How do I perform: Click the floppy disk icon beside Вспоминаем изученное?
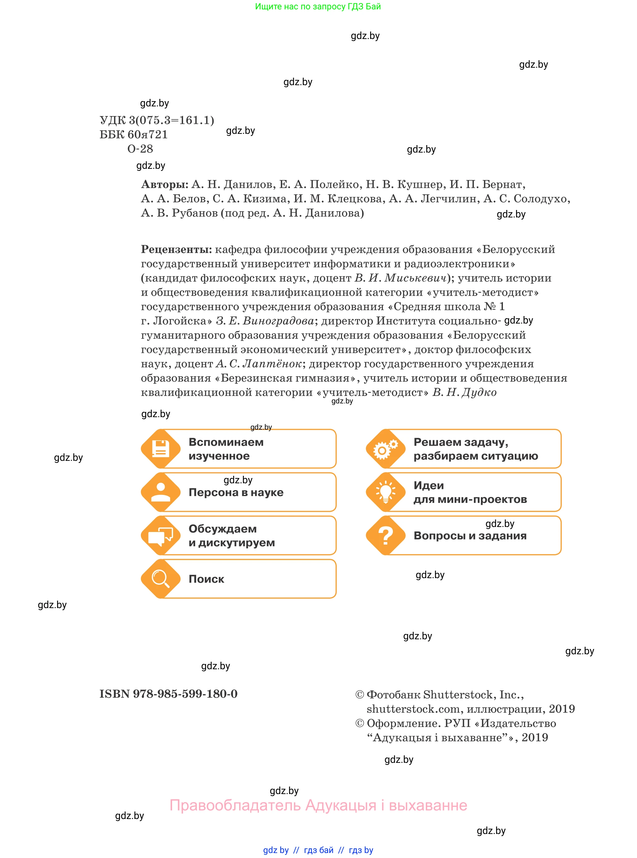point(160,449)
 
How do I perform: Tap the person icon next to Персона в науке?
point(160,492)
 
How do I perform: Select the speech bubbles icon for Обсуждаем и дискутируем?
point(160,535)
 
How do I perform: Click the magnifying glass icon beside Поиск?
point(160,579)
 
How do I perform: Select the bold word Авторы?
point(165,184)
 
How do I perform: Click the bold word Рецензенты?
point(176,249)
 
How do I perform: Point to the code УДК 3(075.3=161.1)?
point(157,120)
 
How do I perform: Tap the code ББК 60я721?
point(133,135)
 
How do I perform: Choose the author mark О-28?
point(140,149)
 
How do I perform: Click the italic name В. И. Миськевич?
point(401,278)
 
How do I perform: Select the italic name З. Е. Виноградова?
point(265,321)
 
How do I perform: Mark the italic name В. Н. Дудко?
point(464,392)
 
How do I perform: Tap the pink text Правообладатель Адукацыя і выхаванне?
point(318,805)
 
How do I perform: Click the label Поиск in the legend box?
point(206,579)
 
